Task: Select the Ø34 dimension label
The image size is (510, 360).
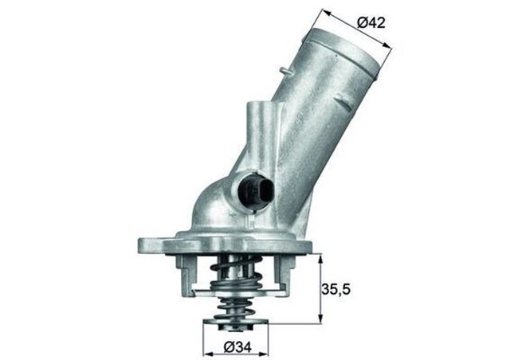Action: [x=237, y=347]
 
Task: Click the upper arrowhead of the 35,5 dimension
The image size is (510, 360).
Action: [x=320, y=257]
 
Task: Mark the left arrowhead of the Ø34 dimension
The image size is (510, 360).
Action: [x=208, y=348]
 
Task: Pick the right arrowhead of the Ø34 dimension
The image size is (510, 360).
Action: [x=266, y=348]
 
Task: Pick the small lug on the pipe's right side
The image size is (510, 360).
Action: [x=342, y=101]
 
